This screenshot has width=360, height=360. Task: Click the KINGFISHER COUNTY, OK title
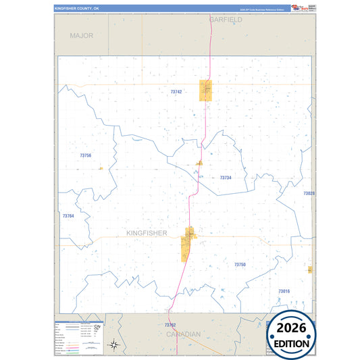coord(76,9)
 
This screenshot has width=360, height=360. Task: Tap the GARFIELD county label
coord(226,20)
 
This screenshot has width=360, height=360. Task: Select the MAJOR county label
coord(81,35)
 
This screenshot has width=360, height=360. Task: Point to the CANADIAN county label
coord(182,334)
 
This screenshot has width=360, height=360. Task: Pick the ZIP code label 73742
coord(176,92)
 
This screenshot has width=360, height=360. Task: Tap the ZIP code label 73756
coord(85,155)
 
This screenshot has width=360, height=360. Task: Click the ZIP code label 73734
coord(226,178)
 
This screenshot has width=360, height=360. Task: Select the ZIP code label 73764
coord(68,216)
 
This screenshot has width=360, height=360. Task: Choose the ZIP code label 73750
coord(240,265)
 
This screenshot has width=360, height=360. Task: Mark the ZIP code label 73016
coord(284,291)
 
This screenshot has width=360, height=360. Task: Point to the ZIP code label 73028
coord(309,193)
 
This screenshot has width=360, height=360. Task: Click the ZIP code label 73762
coord(170,325)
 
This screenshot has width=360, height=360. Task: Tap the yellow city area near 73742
coord(205,90)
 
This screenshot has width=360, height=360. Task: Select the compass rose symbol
coord(115,345)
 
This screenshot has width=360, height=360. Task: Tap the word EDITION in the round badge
coord(292,343)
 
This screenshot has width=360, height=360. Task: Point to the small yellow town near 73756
coord(101,168)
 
